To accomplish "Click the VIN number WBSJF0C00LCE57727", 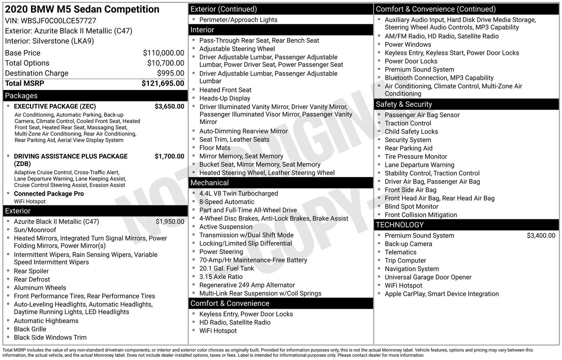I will pos(58,21).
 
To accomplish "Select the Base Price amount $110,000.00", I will pos(163,53).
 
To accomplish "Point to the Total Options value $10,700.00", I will pos(165,63).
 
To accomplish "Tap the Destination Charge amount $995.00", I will pos(170,73).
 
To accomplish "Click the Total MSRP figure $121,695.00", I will pos(163,83).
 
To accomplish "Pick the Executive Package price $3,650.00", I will pos(169,107).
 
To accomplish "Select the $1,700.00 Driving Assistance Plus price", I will pos(169,156).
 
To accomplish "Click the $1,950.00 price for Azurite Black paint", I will pos(170,222).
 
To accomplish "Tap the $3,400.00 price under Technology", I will pos(541,236).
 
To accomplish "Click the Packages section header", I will pos(21,96).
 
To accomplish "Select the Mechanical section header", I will pos(209,183).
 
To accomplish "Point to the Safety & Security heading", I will pos(404,104).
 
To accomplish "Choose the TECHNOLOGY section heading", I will pos(399,225).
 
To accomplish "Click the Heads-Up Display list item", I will pos(225,98).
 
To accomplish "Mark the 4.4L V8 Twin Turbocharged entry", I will pos(238,194).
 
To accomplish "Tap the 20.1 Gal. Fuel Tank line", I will pos(227,269).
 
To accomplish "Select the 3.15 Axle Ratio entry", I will pos(221,277).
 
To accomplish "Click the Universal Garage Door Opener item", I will pos(428,277).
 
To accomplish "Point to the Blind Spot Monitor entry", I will pos(411,207).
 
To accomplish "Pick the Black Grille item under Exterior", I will pos(30,329).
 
